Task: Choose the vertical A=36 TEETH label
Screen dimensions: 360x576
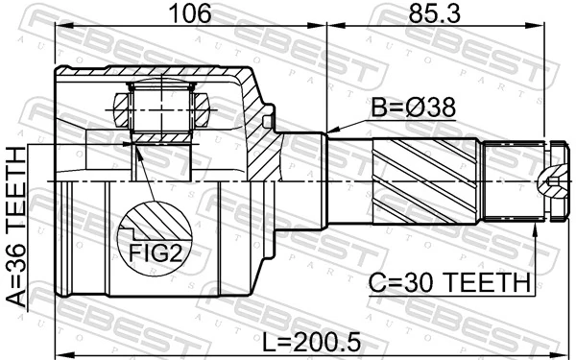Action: pos(16,228)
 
